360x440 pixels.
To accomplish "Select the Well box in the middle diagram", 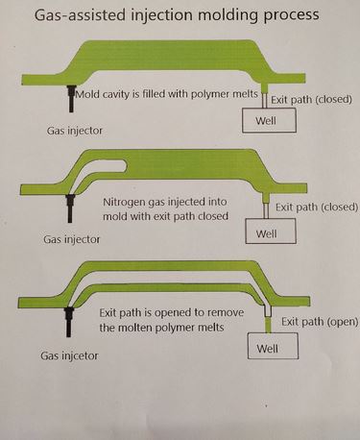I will pyautogui.click(x=271, y=232).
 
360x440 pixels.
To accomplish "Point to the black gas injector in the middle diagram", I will pyautogui.click(x=70, y=204).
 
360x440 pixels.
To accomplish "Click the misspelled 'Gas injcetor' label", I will pyautogui.click(x=71, y=355).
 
